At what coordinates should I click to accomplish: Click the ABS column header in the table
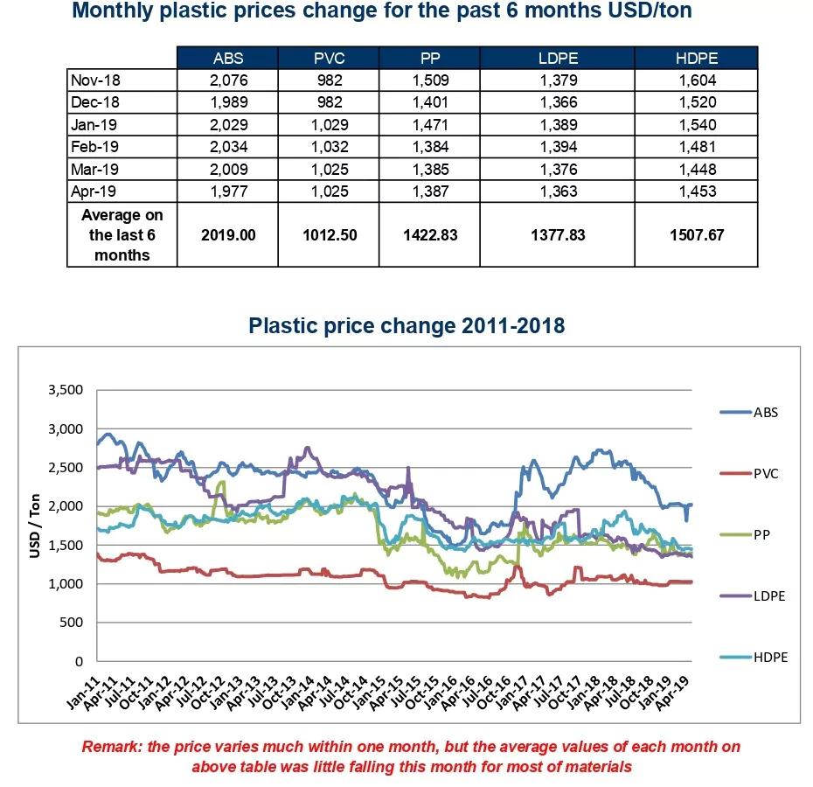click(227, 59)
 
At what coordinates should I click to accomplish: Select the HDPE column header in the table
click(696, 59)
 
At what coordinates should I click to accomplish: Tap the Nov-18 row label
click(95, 80)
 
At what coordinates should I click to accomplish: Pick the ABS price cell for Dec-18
click(227, 102)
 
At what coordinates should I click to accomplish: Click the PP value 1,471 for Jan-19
click(429, 125)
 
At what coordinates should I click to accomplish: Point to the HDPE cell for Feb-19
click(696, 147)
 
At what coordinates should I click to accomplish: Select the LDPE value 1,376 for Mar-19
click(559, 169)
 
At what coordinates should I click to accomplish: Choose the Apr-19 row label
click(95, 192)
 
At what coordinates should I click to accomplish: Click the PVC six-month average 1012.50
click(328, 235)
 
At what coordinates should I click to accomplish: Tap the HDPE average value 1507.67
click(696, 235)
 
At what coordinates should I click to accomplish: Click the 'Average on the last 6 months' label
click(122, 235)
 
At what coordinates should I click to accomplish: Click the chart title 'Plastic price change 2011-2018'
click(406, 326)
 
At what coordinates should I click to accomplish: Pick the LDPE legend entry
click(768, 596)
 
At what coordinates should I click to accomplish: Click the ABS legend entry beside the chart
click(765, 413)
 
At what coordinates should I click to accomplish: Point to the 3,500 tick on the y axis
click(65, 390)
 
